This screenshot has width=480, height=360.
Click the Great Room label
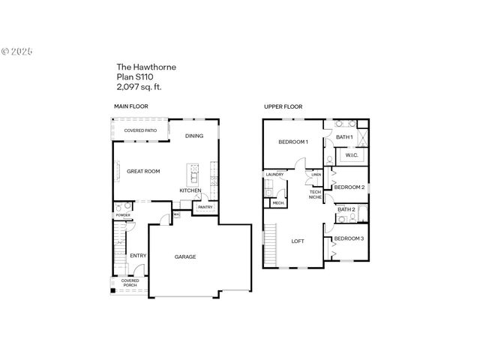coord(143,172)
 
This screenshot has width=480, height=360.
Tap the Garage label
coord(185,257)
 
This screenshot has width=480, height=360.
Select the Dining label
coord(194,136)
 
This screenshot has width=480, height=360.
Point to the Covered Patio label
coord(140,130)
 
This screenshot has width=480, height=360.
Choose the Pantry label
coord(205,208)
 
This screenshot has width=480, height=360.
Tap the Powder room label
coord(123,215)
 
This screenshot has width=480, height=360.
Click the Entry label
coord(138,256)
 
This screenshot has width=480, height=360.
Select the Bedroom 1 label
coord(293,142)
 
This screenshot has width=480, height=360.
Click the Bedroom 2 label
coord(349,187)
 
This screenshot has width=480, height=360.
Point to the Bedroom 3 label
coord(349,238)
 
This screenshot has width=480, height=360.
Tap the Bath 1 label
coord(344,137)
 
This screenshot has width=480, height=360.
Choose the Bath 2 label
coord(346,209)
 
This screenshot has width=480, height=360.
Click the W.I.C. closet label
coord(352,156)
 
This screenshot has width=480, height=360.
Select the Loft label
coord(298,241)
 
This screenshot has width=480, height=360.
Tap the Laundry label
coord(274,175)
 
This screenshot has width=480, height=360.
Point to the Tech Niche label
coord(316,195)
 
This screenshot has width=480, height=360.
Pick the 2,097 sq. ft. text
coord(139,86)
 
